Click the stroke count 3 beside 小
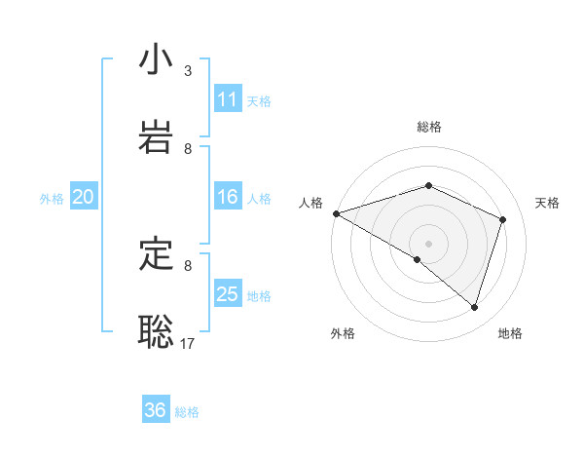click(x=188, y=71)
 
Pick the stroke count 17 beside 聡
click(x=189, y=344)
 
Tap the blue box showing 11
click(x=228, y=99)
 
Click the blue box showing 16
click(x=228, y=197)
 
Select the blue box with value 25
click(x=228, y=294)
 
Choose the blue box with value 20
click(x=83, y=197)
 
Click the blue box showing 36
click(x=156, y=410)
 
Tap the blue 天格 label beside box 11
click(x=259, y=100)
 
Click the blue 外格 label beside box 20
click(x=52, y=198)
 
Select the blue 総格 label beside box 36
click(x=187, y=412)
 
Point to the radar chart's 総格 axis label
click(x=429, y=127)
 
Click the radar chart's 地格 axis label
click(x=510, y=333)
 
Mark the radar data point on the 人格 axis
click(x=336, y=213)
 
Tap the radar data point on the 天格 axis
click(x=503, y=219)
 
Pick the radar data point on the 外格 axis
click(x=418, y=259)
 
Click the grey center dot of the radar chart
click(x=429, y=243)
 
